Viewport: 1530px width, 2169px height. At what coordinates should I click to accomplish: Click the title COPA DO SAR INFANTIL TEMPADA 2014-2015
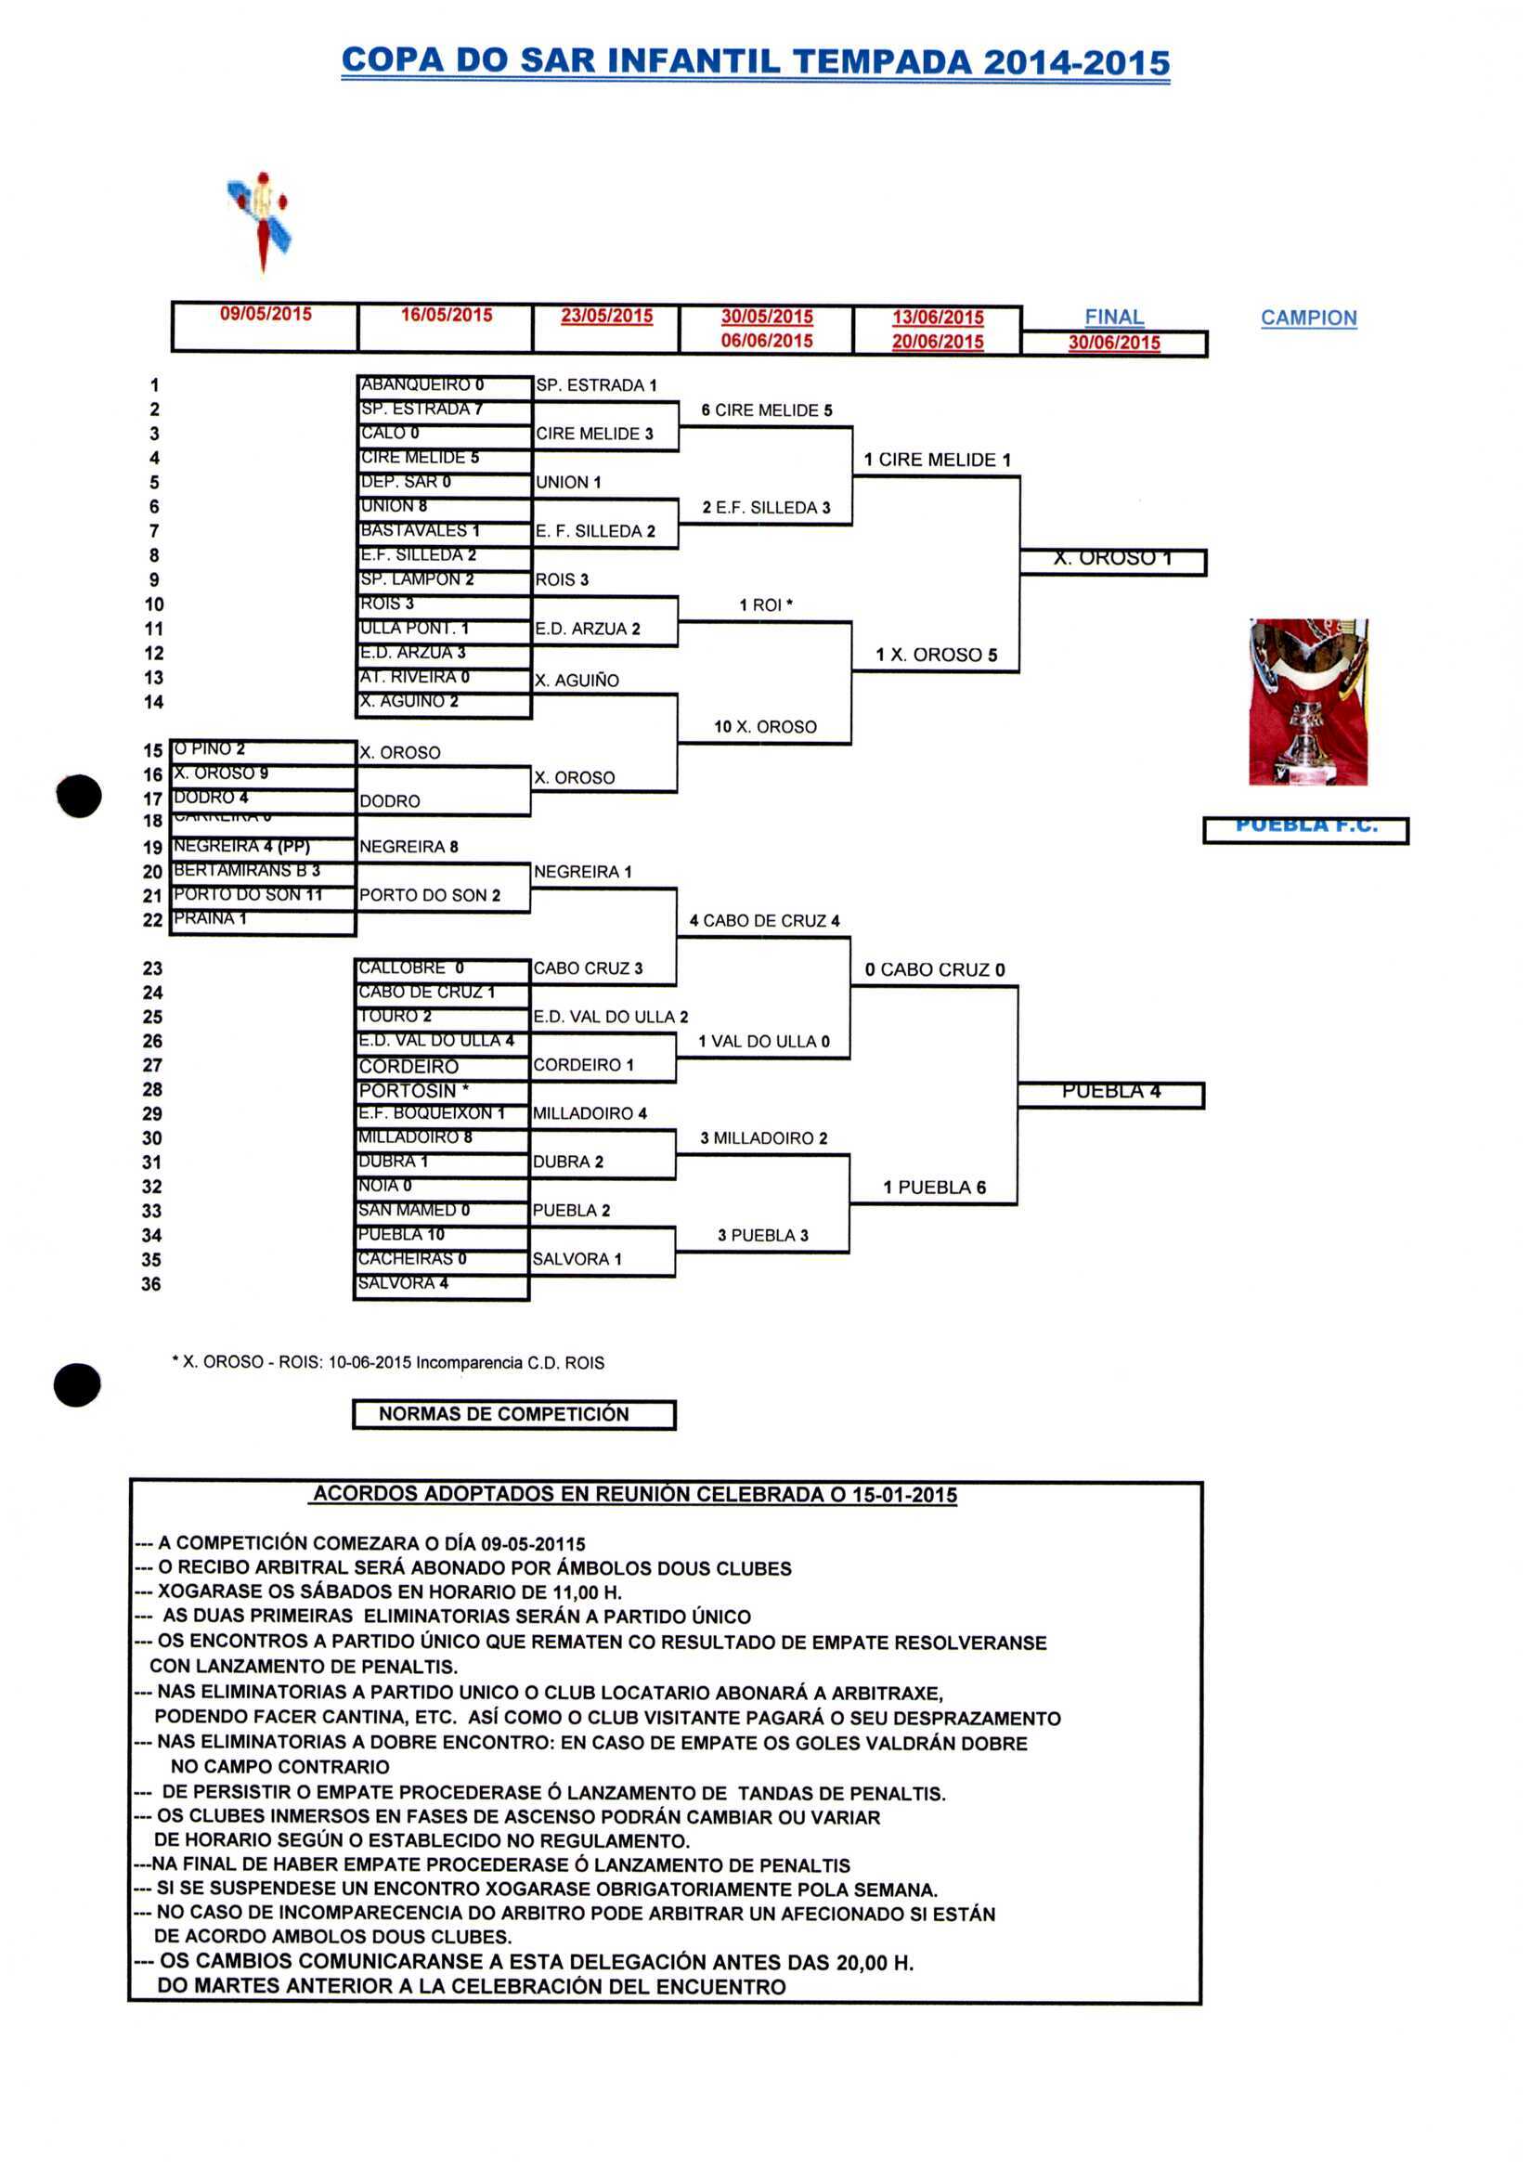(x=755, y=62)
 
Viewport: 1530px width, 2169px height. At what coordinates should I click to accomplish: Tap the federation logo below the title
(x=260, y=220)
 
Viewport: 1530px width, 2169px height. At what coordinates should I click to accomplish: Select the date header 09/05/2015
(x=266, y=315)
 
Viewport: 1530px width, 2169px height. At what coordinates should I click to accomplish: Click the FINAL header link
(x=1113, y=318)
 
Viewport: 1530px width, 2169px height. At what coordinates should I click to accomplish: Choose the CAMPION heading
(x=1308, y=318)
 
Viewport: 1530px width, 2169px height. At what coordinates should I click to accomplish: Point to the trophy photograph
(x=1308, y=702)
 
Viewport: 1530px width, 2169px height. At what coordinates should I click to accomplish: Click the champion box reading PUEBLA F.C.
(x=1305, y=828)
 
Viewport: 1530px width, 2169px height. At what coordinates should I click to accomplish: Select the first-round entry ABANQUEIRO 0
(x=422, y=385)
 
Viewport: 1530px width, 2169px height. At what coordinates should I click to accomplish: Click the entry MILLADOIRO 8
(x=414, y=1137)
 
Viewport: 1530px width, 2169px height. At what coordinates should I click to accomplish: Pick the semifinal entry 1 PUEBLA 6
(x=934, y=1188)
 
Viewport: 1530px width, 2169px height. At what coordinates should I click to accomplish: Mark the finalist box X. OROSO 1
(x=1112, y=559)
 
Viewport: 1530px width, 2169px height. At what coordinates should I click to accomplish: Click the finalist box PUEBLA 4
(x=1109, y=1092)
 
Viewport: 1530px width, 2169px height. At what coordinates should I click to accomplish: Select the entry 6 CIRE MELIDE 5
(x=766, y=411)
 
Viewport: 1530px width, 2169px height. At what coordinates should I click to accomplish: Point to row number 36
(x=151, y=1284)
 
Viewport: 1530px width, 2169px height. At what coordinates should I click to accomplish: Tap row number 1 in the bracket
(x=154, y=385)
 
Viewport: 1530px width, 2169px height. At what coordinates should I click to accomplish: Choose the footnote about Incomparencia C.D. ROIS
(x=387, y=1362)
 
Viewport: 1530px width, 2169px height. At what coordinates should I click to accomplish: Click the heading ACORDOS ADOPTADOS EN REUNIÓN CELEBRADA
(x=635, y=1495)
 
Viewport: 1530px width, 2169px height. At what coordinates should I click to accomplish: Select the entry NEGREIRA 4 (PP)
(x=240, y=847)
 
